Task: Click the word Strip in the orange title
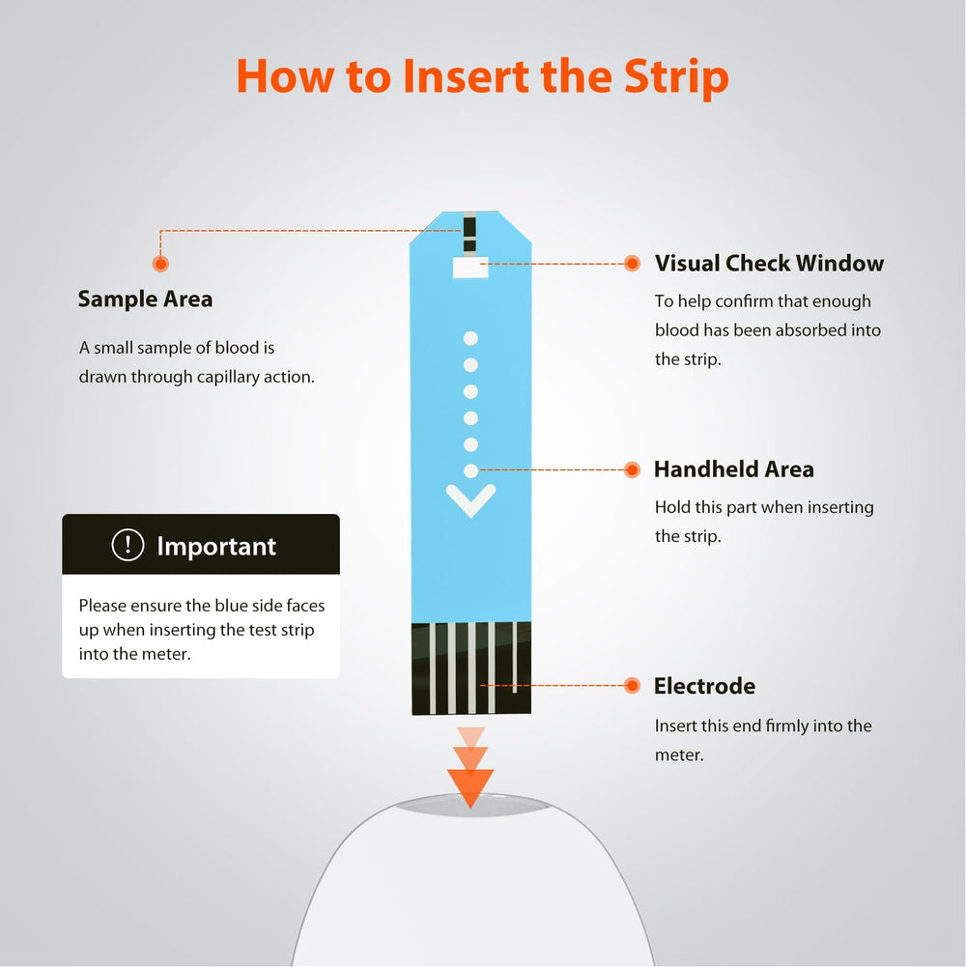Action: [x=676, y=77]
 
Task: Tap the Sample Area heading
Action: [x=145, y=299]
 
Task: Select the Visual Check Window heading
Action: [x=769, y=264]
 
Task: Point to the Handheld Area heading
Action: [x=734, y=469]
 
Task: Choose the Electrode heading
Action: [x=704, y=686]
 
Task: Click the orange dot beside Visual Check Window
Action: [x=632, y=264]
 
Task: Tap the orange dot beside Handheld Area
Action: [x=632, y=469]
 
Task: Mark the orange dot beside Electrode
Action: [x=632, y=685]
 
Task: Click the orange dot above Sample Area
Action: [x=160, y=264]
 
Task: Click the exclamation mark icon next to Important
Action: [x=128, y=545]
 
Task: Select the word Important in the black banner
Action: [x=216, y=547]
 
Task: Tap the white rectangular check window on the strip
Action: [x=470, y=268]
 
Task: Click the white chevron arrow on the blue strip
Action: [x=470, y=500]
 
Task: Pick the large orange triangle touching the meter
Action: [x=470, y=788]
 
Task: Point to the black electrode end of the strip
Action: [x=471, y=668]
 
